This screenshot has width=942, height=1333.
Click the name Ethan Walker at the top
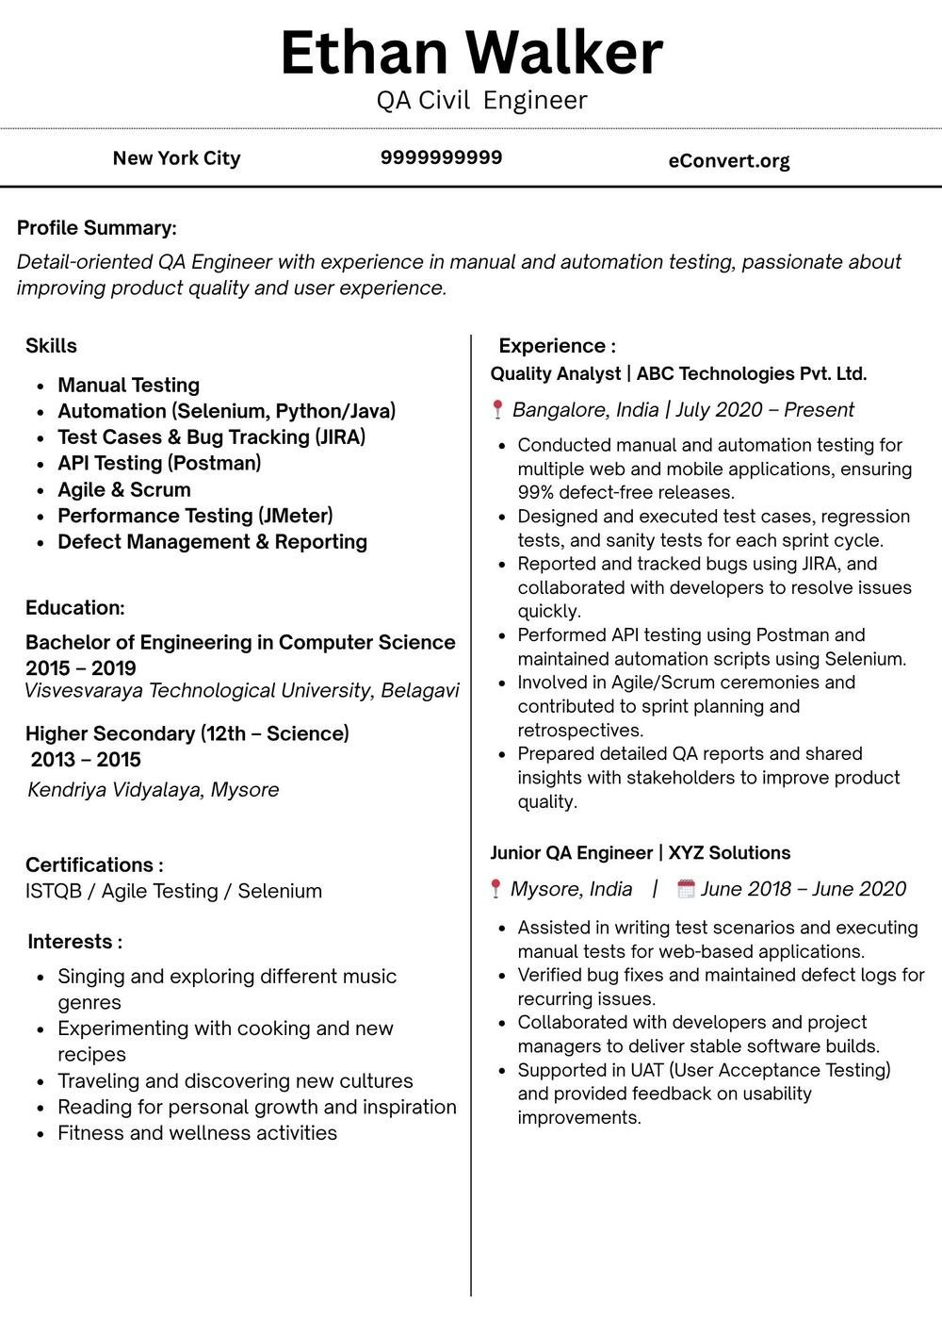click(471, 53)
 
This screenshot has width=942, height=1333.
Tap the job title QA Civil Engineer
click(481, 101)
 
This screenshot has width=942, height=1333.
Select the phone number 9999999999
click(441, 157)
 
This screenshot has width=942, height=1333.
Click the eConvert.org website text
click(728, 160)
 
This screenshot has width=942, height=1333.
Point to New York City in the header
click(176, 158)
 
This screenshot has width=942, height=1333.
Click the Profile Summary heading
click(96, 228)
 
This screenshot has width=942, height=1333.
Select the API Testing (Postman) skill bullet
click(159, 463)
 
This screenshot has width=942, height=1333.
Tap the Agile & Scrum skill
click(123, 489)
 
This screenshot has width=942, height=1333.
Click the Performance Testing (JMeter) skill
click(195, 516)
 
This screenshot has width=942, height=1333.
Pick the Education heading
click(74, 608)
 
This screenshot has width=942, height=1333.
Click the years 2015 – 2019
click(81, 668)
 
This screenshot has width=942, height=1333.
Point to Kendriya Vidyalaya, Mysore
click(153, 790)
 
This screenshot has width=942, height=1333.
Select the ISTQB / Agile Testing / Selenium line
click(173, 891)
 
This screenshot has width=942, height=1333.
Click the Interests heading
click(74, 942)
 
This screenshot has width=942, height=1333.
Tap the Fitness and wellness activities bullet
click(197, 1133)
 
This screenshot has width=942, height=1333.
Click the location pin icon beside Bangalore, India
click(497, 409)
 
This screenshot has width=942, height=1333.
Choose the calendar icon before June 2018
click(686, 888)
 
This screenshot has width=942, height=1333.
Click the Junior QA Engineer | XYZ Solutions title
click(640, 853)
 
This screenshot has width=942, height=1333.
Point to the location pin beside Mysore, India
click(495, 888)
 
